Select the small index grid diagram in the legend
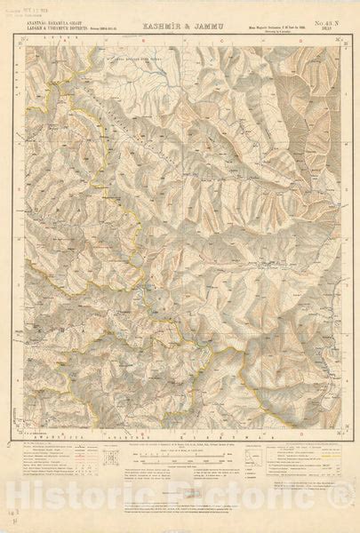pyautogui.click(x=112, y=457)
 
